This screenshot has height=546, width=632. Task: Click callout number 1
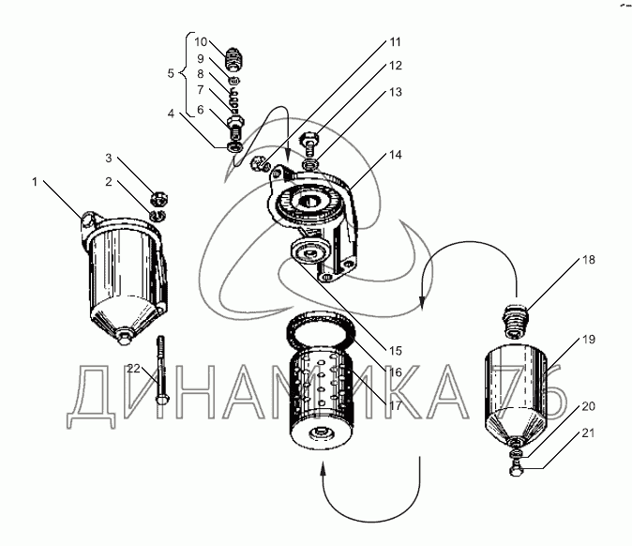35,182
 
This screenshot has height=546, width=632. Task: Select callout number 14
396,155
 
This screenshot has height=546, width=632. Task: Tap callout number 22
134,368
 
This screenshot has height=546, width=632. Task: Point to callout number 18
589,260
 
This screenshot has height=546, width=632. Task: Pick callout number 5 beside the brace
171,73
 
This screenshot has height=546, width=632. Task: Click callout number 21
589,433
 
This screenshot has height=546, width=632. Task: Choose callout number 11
396,42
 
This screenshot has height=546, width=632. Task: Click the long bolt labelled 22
161,370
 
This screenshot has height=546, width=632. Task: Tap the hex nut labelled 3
159,199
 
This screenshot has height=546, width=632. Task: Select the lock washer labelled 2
158,216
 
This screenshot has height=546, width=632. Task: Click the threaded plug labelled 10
234,58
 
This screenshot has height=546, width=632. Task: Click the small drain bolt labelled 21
514,470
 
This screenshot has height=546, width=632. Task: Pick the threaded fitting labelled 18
514,321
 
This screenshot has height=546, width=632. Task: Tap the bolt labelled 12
310,144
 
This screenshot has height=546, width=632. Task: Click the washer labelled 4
234,146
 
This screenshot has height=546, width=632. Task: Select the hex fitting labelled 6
235,127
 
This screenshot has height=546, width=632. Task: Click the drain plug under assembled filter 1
124,338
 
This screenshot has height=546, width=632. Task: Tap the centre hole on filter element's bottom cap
320,434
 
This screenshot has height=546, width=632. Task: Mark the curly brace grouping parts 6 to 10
184,73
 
